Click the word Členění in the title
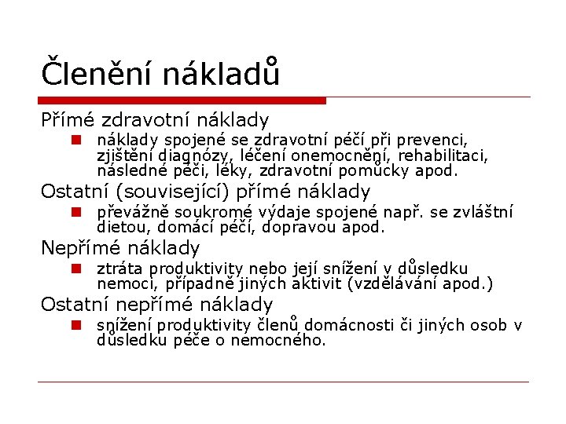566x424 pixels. click(x=97, y=74)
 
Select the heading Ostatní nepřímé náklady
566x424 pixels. click(x=157, y=305)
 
